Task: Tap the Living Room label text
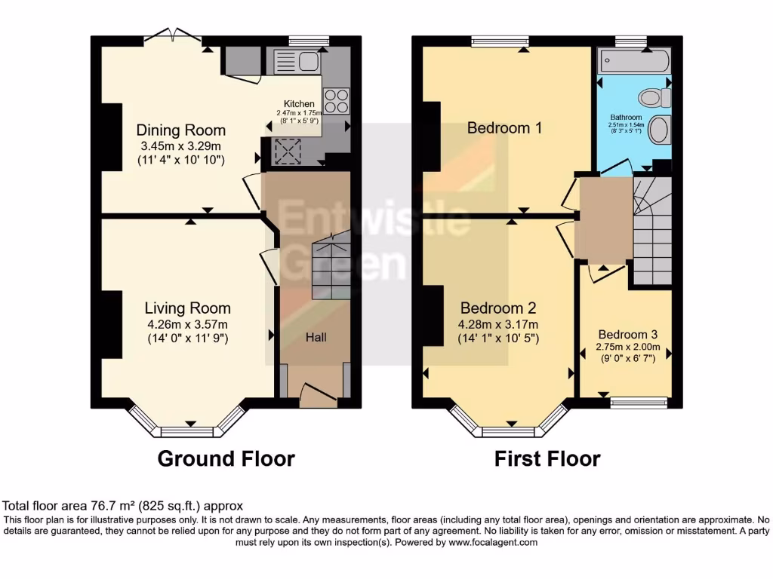[x=187, y=308]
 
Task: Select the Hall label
[x=316, y=338]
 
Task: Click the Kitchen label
[x=299, y=104]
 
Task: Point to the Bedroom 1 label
[x=504, y=127]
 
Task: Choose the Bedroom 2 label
[x=498, y=308]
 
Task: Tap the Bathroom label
[x=626, y=118]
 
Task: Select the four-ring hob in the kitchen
[x=336, y=100]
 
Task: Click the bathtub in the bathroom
[x=633, y=62]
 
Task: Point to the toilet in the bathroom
[x=654, y=97]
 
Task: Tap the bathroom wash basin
[x=659, y=130]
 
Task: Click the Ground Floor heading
[x=226, y=458]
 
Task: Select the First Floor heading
[x=547, y=458]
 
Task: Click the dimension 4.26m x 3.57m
[x=187, y=324]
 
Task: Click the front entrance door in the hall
[x=317, y=392]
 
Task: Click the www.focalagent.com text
[x=493, y=542]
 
